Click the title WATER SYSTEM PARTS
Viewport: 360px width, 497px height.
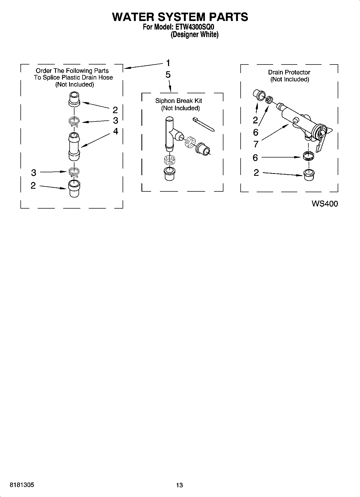point(180,17)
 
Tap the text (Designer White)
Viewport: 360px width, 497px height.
point(195,35)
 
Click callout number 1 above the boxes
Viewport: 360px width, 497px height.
point(168,63)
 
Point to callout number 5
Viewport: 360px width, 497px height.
point(168,75)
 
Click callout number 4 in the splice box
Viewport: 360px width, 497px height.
point(116,131)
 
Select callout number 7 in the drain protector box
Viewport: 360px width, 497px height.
point(256,144)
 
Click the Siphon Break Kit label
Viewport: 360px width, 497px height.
point(179,101)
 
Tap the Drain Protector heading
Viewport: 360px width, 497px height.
point(289,72)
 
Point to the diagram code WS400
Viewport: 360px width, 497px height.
point(325,204)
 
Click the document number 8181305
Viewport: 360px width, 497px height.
point(22,485)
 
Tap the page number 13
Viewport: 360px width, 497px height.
point(179,485)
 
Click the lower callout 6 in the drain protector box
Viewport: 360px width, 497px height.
point(255,158)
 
